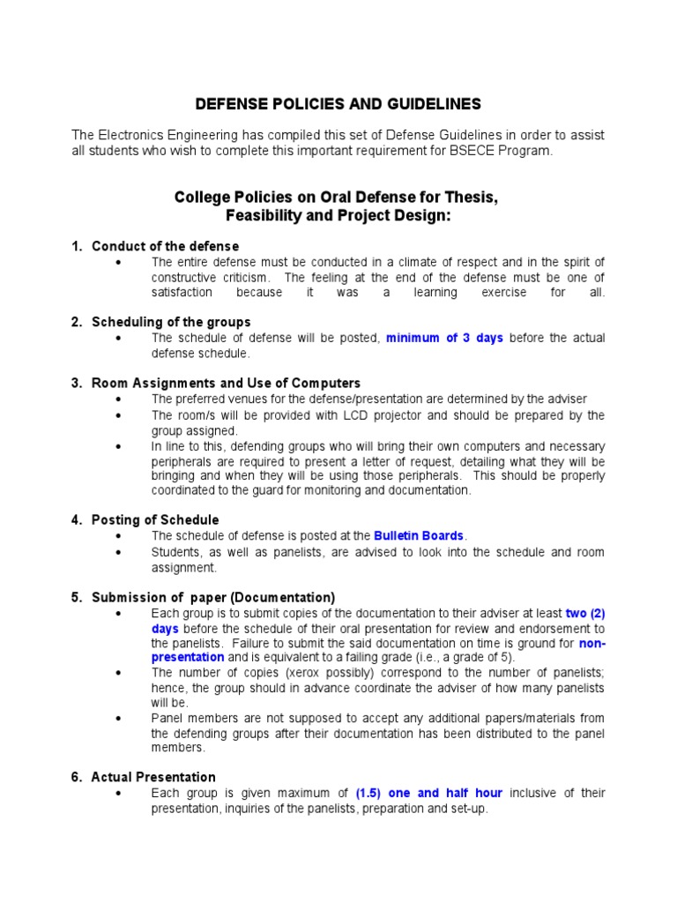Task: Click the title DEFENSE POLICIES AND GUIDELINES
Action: pyautogui.click(x=338, y=104)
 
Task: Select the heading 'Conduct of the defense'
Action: pyautogui.click(x=165, y=246)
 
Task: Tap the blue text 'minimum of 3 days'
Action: pyautogui.click(x=444, y=339)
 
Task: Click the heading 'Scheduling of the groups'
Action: pyautogui.click(x=171, y=322)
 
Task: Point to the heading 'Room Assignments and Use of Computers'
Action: pyautogui.click(x=226, y=383)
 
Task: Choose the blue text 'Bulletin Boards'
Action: pyautogui.click(x=419, y=535)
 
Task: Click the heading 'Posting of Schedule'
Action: pyautogui.click(x=155, y=519)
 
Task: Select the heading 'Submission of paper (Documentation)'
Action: pyautogui.click(x=213, y=597)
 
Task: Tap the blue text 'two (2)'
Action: pyautogui.click(x=585, y=613)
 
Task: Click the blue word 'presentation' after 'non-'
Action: pyautogui.click(x=188, y=657)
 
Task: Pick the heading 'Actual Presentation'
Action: pyautogui.click(x=153, y=777)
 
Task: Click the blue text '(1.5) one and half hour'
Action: pyautogui.click(x=430, y=793)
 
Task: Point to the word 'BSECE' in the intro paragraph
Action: pyautogui.click(x=479, y=151)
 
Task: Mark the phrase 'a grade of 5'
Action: pyautogui.click(x=472, y=657)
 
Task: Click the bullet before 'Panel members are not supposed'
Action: pyautogui.click(x=117, y=719)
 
